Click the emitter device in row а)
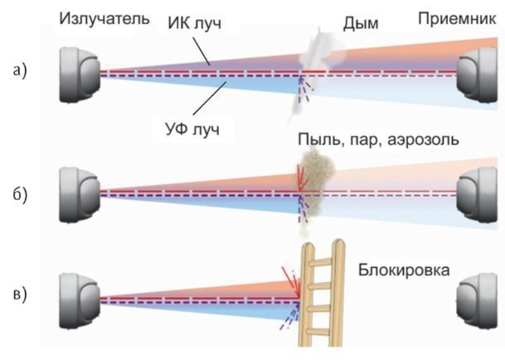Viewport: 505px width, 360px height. (80, 74)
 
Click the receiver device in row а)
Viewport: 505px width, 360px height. (478, 74)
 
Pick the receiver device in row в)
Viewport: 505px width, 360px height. (478, 292)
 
